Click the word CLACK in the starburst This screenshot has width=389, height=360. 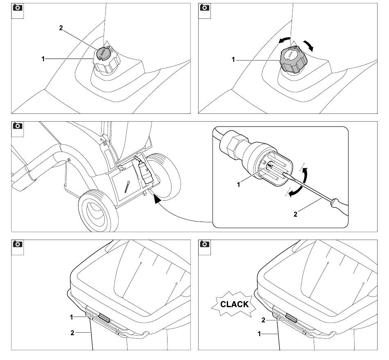pos(234,304)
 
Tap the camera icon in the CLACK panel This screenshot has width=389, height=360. pos(204,245)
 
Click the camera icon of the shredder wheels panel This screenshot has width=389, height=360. pos(17,125)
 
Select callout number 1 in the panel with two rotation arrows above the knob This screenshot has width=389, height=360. pos(233,60)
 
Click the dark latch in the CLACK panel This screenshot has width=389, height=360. pos(292,317)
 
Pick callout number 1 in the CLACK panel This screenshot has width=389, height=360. pos(258,334)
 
